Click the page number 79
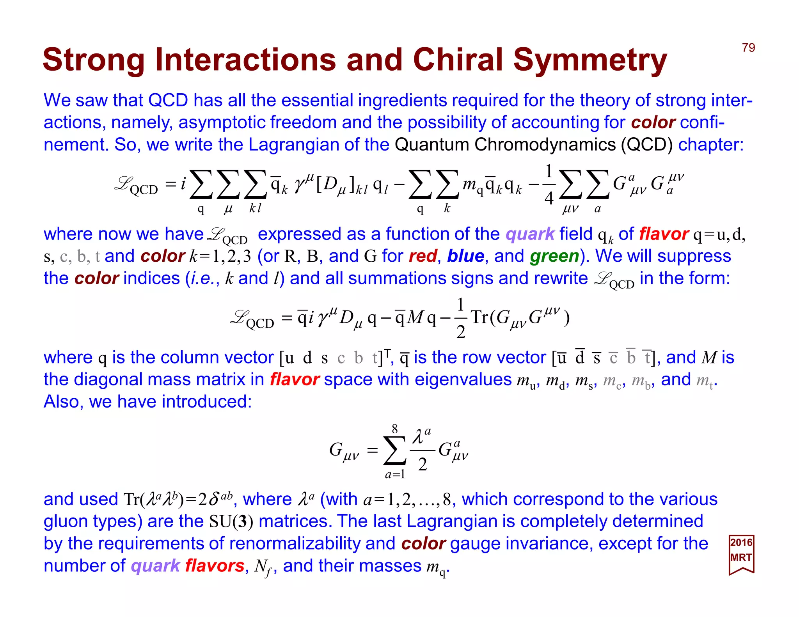(748, 48)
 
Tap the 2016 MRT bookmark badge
(741, 554)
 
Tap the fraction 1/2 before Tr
(460, 318)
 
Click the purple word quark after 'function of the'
(530, 234)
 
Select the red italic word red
(423, 256)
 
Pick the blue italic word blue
(465, 256)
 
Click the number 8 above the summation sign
(395, 429)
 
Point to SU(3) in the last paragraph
(231, 521)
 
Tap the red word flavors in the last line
(215, 566)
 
